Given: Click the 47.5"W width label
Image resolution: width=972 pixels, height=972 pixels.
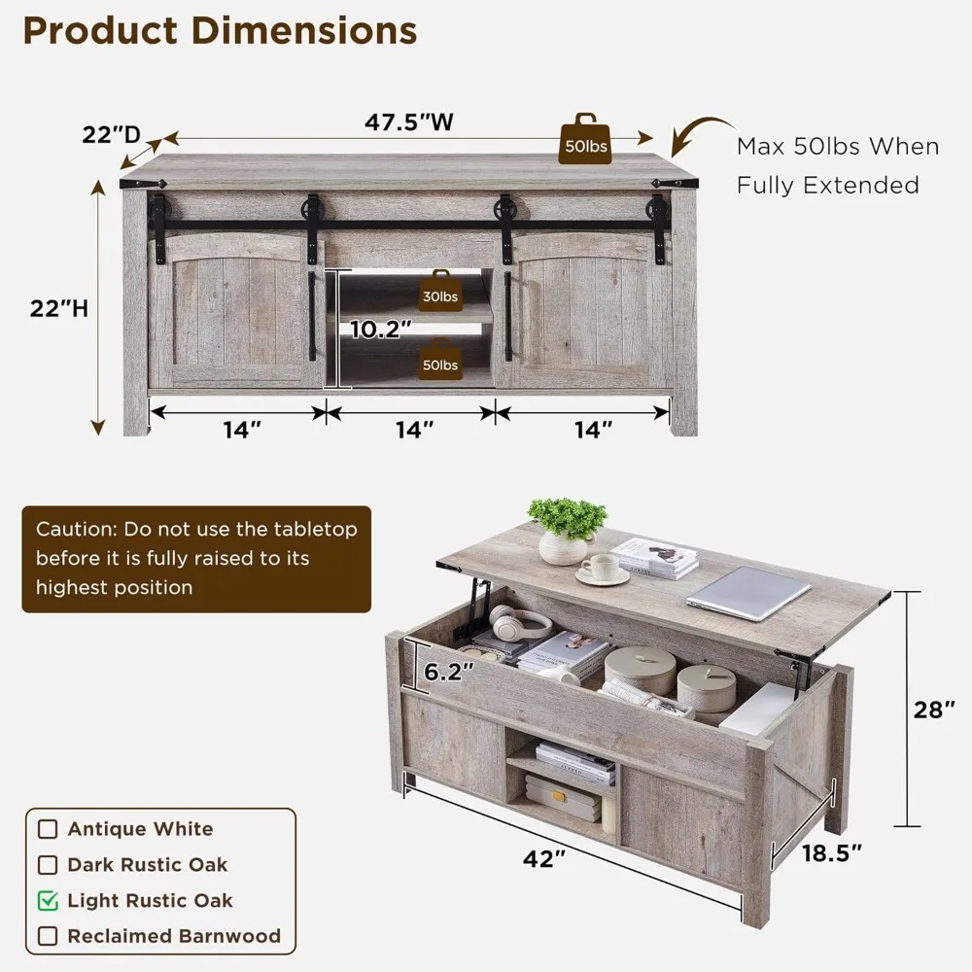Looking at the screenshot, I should coord(409,122).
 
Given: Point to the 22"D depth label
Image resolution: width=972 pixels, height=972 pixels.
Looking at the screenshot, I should coord(111,136).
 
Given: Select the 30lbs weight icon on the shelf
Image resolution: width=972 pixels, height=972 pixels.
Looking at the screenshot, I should coord(438,293).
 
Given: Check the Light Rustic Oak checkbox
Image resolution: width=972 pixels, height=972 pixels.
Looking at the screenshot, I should coord(48,901).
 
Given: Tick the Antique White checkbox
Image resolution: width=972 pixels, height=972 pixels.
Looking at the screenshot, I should coord(48,829).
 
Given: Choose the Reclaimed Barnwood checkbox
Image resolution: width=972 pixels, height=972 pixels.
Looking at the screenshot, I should coord(48,937).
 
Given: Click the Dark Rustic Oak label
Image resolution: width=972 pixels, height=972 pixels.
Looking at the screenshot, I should coord(147,865).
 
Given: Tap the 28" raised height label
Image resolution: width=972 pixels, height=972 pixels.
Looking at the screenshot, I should coord(934,710).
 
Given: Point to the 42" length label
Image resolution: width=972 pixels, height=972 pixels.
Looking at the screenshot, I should coord(544,859).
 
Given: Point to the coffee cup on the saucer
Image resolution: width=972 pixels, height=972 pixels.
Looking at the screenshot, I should coord(600,568).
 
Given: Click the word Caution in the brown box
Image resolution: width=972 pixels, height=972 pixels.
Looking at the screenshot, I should coord(71,531).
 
